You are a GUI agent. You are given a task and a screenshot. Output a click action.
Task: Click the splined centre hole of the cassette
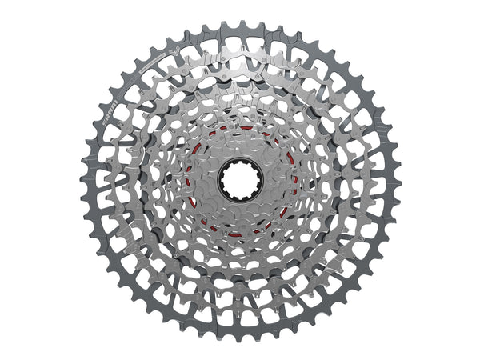(239, 179)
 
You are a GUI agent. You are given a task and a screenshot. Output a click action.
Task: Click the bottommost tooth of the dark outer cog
(239, 336)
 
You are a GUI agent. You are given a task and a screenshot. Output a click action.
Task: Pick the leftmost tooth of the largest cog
(85, 180)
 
